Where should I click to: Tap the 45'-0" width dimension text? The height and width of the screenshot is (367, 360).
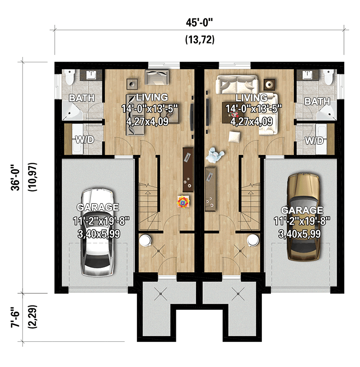(200, 23)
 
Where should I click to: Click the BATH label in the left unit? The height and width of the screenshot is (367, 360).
(82, 98)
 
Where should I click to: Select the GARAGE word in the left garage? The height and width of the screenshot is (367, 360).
(98, 207)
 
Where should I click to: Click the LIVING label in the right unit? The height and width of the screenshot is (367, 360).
(251, 98)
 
